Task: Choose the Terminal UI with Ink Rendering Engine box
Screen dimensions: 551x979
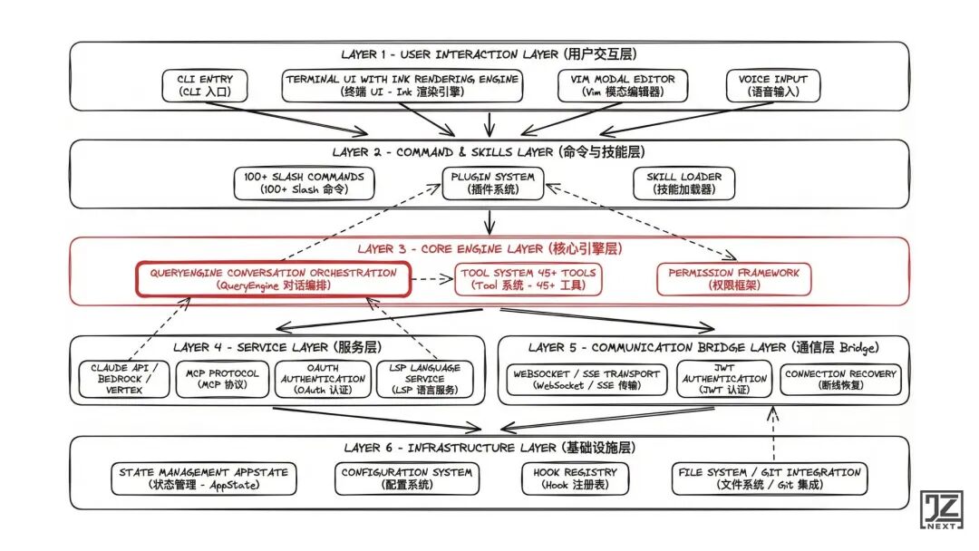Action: click(402, 85)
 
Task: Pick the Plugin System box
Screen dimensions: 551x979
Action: click(492, 183)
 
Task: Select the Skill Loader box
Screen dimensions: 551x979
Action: click(683, 183)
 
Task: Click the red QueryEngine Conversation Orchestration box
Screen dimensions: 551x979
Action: click(273, 279)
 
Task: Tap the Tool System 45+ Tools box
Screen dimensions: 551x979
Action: click(528, 279)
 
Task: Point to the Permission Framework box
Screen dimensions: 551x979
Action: click(734, 279)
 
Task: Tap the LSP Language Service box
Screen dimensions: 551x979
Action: click(425, 379)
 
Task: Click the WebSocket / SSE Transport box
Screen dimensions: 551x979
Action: click(586, 379)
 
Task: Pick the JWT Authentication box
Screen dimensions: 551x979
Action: click(724, 379)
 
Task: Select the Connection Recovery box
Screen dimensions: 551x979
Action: click(840, 379)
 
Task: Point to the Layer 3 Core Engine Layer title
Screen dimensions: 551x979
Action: click(489, 248)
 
